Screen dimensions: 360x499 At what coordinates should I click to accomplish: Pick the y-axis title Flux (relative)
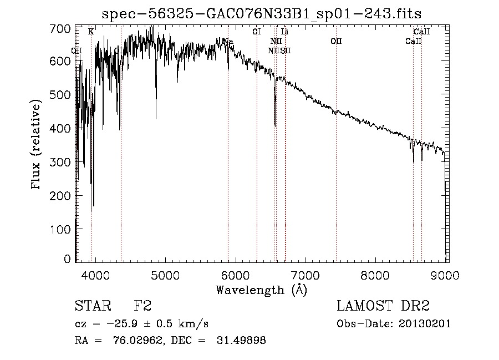(37, 145)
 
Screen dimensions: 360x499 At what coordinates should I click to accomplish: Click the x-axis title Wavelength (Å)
(261, 290)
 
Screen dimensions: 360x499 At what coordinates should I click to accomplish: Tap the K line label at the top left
(91, 32)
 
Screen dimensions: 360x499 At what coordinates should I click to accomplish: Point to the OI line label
(256, 32)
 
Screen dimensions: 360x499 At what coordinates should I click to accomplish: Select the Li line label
(284, 32)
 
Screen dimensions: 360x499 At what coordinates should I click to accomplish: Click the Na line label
(228, 42)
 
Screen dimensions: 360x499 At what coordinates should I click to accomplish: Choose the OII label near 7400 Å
(336, 42)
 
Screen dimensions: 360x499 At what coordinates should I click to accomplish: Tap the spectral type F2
(142, 307)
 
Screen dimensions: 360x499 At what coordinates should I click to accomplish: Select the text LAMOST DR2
(383, 307)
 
